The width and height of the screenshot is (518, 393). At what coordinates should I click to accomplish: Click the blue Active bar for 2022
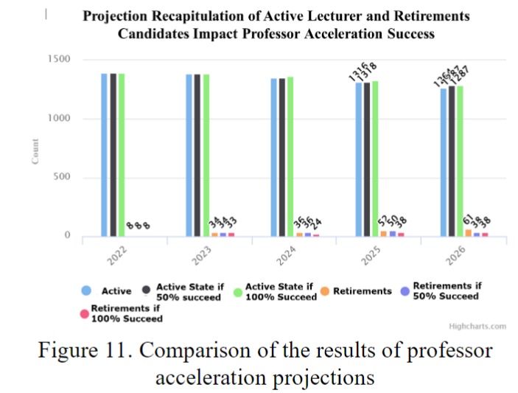(104, 155)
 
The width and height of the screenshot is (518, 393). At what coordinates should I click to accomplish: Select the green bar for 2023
(206, 155)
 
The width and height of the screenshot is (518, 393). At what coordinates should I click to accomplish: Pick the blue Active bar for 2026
(444, 162)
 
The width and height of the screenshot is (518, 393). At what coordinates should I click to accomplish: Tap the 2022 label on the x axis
(115, 259)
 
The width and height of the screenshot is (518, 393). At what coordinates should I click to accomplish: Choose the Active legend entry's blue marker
(86, 291)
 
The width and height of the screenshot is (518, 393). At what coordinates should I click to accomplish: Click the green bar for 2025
(375, 159)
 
